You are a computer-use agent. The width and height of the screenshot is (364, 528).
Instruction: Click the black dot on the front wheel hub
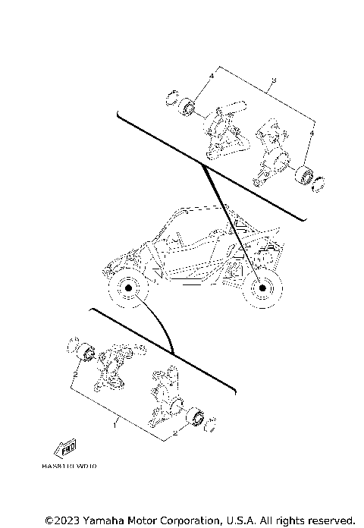[128, 290]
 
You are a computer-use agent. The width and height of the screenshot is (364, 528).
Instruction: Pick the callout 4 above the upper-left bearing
[212, 77]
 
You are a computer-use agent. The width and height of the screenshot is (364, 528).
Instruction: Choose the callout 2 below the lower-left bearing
[76, 375]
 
